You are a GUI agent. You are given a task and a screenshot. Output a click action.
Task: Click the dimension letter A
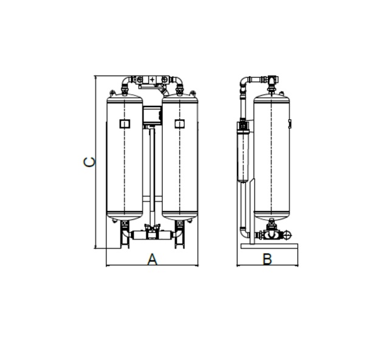coord(153,259)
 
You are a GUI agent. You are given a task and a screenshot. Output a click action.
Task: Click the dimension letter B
coord(267,259)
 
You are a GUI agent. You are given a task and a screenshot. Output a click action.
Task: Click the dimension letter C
coord(89,162)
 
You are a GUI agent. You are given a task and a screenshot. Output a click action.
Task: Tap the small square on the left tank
coord(125,123)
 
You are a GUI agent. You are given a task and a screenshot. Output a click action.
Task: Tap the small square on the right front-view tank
coord(180,123)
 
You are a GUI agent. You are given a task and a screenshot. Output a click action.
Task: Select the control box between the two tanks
coord(153,115)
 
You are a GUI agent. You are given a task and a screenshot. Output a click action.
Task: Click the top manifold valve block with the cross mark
coord(152,80)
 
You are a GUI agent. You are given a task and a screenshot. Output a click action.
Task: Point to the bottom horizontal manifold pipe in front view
coord(152,235)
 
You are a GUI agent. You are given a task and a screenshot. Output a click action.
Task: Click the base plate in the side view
coord(269,246)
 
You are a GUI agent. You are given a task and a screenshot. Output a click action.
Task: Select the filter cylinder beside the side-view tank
coord(243,151)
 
